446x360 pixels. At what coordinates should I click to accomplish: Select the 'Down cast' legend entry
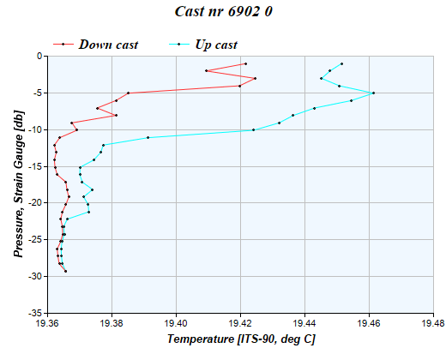108,44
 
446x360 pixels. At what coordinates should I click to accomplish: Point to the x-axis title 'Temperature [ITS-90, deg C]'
241,339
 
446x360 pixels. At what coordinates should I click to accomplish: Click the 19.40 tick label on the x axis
177,324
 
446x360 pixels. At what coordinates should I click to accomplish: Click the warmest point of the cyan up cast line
373,93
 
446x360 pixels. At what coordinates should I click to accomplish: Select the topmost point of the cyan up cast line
341,63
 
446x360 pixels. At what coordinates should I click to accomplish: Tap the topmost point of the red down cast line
245,63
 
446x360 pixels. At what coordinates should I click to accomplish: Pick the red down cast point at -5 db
128,93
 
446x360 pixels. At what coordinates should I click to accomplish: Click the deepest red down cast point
65,271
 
